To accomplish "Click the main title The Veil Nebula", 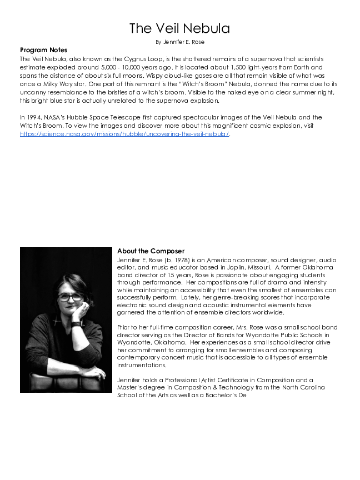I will (179, 28).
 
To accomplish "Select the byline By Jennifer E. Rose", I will (179, 42).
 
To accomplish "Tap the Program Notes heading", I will (43, 50).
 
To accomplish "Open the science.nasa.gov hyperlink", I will (124, 134).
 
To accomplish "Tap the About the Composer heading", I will (151, 251).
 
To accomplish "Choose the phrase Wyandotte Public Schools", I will (288, 334).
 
